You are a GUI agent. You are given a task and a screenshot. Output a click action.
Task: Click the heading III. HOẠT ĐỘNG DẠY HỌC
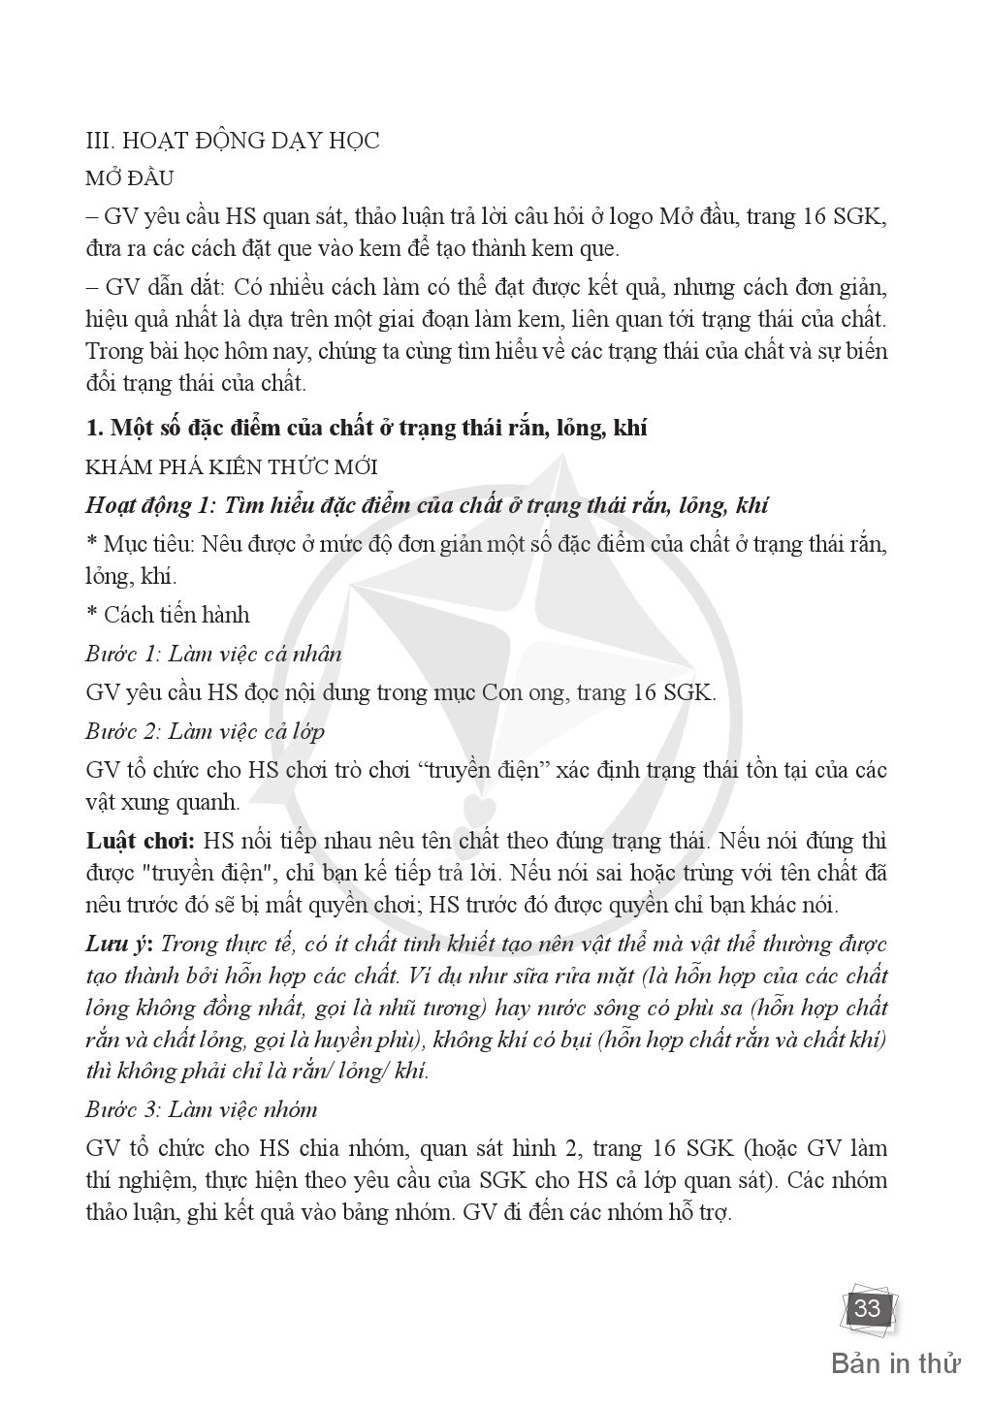point(233,141)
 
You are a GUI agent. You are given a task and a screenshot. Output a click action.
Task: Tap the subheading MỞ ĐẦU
point(129,179)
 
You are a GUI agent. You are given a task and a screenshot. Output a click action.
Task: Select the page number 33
point(867,1309)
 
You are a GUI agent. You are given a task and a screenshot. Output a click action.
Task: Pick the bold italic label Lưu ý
point(120,944)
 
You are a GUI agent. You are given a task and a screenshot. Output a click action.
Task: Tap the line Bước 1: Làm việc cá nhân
point(213,654)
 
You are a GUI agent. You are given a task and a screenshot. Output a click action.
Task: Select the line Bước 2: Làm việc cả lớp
point(205,731)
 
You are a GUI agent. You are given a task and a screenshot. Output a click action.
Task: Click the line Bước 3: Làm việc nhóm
point(201,1108)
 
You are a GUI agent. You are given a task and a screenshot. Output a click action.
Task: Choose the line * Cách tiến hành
point(168,615)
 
